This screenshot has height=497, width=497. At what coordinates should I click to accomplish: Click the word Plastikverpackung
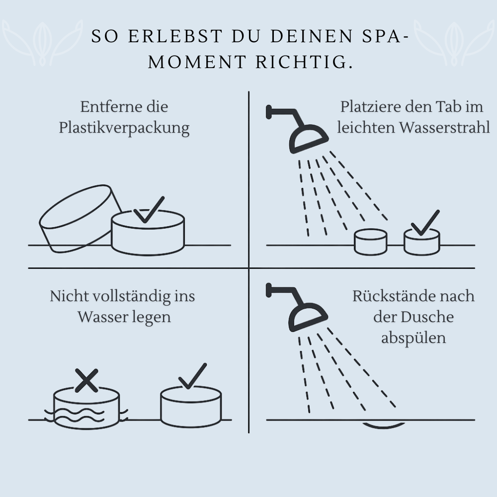point(124,128)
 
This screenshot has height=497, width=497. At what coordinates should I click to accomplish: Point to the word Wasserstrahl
point(444,127)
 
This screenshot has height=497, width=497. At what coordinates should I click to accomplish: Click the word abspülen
point(414,338)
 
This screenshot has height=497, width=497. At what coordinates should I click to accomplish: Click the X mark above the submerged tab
point(86,380)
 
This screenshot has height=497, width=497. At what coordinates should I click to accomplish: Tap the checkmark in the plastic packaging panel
point(149,210)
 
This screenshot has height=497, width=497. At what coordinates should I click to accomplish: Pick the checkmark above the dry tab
point(192,376)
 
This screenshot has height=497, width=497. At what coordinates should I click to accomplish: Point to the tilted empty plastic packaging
point(79,219)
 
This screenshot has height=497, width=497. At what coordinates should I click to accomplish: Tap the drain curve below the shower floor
point(384,425)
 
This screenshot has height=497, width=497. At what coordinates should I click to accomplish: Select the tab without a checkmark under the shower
point(370,242)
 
